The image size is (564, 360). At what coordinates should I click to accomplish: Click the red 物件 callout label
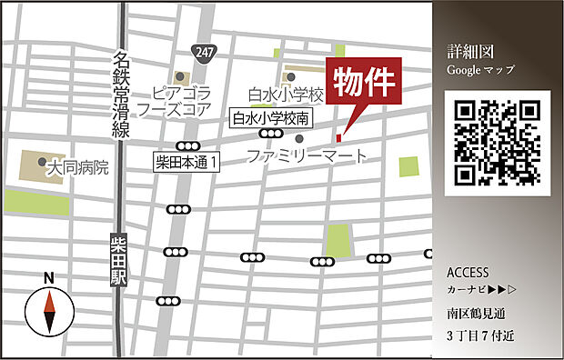point(364,84)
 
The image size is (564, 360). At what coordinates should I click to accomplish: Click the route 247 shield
point(204,53)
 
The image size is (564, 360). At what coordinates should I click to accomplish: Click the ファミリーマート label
point(308,156)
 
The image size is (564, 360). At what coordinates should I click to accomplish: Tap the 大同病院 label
point(78,168)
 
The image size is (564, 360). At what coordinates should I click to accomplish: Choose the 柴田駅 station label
point(117,261)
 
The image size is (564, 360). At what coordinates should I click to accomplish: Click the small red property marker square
point(337,138)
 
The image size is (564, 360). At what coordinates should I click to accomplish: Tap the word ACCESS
point(468,273)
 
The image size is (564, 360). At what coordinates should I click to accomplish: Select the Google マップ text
point(480,69)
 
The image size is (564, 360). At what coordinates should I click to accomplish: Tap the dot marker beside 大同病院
point(43,162)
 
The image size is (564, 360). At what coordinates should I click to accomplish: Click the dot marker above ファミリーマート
point(298,139)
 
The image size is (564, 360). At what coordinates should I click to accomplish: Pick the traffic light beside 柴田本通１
point(188,145)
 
